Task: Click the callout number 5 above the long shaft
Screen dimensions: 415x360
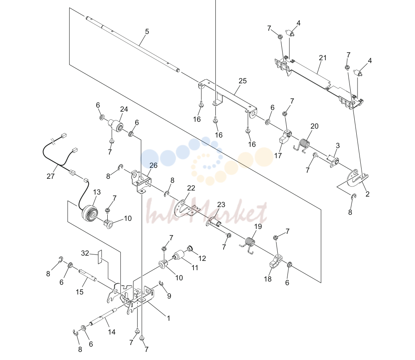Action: pos(147,32)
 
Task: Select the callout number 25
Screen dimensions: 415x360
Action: pos(243,81)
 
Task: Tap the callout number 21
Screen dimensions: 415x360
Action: pos(323,58)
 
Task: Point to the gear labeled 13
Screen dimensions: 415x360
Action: pos(90,212)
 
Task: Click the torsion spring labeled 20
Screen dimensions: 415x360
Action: pos(304,145)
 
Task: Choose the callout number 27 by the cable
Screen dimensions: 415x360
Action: pos(50,176)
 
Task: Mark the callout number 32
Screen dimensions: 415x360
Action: pos(85,253)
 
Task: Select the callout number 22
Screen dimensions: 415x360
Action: pos(191,188)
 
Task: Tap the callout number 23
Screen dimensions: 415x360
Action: pos(221,205)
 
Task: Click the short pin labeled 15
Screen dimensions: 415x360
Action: pos(87,275)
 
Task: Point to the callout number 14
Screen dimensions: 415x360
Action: pos(112,332)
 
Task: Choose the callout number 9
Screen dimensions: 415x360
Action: pos(169,296)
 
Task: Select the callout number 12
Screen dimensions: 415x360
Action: pos(202,258)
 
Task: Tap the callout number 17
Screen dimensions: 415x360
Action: pos(278,156)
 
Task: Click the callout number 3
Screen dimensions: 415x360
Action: pos(338,146)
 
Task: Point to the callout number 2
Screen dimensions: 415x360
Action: pos(367,194)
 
